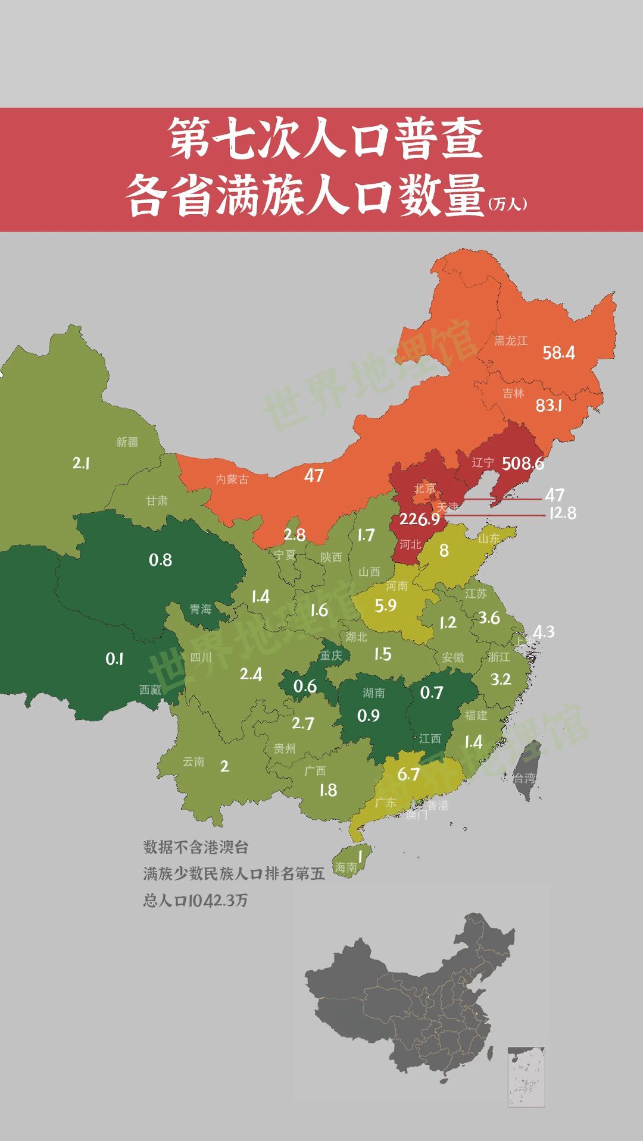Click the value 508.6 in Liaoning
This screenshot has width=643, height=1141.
523,463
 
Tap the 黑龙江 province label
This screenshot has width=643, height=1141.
511,341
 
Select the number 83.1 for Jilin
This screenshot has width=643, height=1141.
548,406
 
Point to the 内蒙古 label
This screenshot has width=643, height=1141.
232,479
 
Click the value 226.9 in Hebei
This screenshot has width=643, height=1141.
419,519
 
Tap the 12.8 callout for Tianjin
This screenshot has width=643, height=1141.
562,513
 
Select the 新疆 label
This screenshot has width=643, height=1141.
127,442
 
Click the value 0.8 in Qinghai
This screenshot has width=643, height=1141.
160,560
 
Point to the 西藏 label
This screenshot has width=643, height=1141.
150,690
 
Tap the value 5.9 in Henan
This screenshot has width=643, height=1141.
385,606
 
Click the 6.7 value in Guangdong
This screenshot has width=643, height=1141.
408,774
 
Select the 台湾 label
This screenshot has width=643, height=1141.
524,778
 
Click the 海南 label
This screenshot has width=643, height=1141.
345,867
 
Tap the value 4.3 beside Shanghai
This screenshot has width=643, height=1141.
543,631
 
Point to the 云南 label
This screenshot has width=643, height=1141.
193,761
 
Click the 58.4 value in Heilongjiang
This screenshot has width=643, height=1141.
558,353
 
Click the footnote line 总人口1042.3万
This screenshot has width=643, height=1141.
195,900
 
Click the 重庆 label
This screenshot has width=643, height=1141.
331,656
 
